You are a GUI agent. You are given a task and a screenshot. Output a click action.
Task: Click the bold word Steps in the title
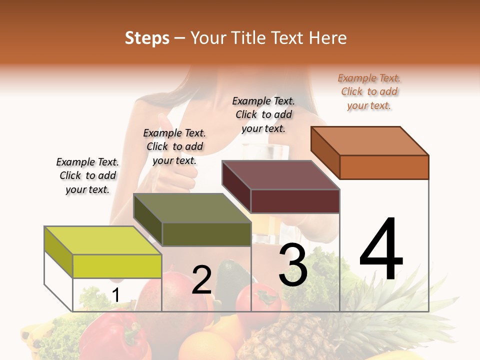(x=147, y=38)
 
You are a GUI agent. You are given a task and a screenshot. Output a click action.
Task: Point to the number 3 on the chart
(x=293, y=265)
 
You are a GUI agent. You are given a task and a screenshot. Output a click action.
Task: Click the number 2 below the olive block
(x=201, y=280)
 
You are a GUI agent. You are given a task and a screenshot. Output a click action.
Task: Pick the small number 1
(x=115, y=295)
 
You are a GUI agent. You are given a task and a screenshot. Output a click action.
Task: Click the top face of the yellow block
(x=102, y=240)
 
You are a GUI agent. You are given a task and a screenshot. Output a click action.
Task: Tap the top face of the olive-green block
(x=192, y=208)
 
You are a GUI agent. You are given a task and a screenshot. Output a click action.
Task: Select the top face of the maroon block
(x=280, y=175)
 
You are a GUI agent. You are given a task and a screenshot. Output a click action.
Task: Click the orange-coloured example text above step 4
(x=369, y=92)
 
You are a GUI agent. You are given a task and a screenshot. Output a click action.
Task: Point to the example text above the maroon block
(x=263, y=114)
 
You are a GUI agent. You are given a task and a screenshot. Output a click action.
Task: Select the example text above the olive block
(x=174, y=146)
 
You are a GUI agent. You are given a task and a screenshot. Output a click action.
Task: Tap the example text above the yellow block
(x=87, y=175)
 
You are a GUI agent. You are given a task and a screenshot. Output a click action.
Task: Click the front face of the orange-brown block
(x=384, y=167)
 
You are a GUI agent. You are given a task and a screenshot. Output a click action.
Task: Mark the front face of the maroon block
(x=295, y=201)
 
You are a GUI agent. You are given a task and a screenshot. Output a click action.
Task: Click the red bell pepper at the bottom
(x=107, y=335)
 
